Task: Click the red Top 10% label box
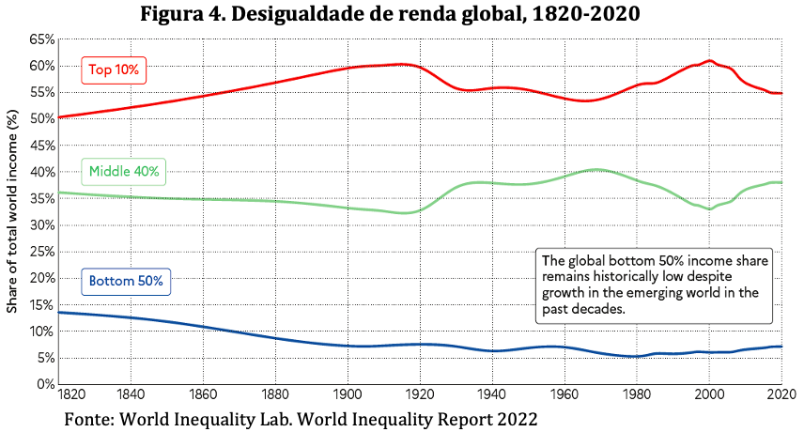click(x=114, y=70)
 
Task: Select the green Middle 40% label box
click(x=124, y=172)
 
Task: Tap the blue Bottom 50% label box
click(x=126, y=282)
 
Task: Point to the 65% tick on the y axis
click(x=42, y=39)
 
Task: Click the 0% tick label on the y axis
click(x=45, y=384)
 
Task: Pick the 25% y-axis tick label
click(x=42, y=252)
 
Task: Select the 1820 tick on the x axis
click(x=71, y=394)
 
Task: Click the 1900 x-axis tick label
click(x=348, y=394)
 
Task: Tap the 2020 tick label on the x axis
click(x=782, y=394)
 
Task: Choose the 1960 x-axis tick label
click(x=564, y=394)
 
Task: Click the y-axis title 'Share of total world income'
click(x=12, y=211)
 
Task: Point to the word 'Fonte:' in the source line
click(x=89, y=419)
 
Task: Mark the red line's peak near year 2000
click(x=710, y=60)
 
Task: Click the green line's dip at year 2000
click(x=710, y=209)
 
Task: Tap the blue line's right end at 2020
click(x=781, y=347)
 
